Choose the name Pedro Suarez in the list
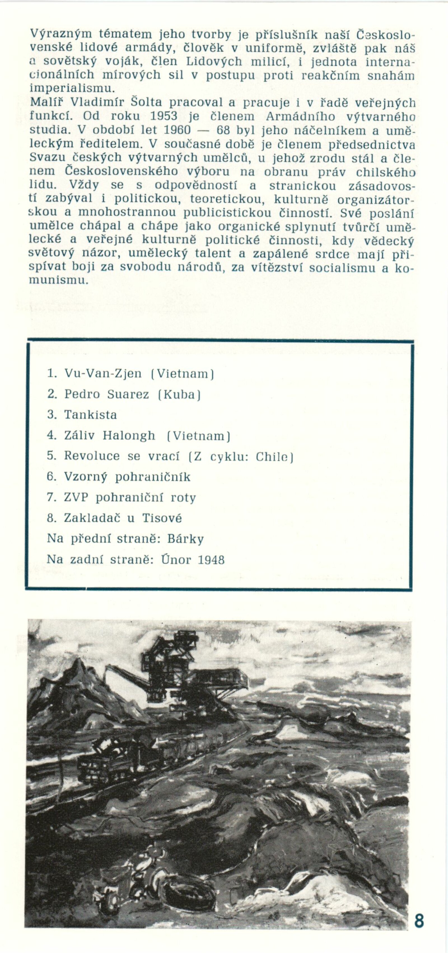tap(107, 394)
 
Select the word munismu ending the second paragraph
tap(59, 280)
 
